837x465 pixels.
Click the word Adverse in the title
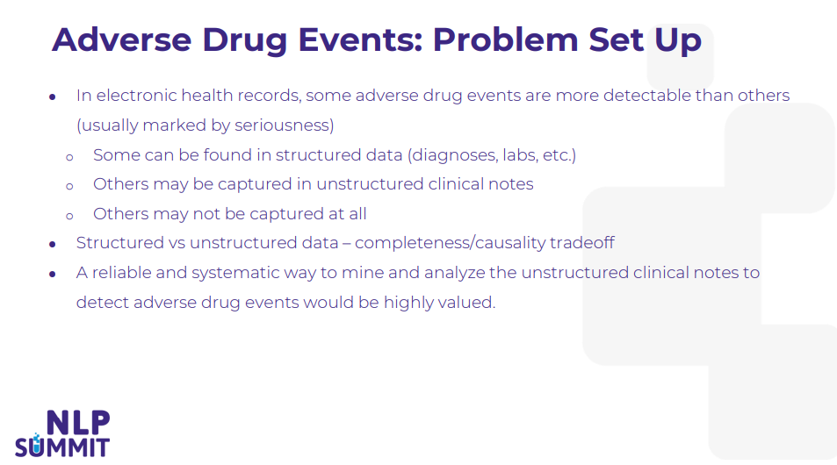pyautogui.click(x=122, y=39)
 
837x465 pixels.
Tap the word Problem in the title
pyautogui.click(x=505, y=39)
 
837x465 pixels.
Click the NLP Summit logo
pyautogui.click(x=62, y=433)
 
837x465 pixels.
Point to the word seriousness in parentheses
pyautogui.click(x=285, y=125)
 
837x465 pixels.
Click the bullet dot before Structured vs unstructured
pyautogui.click(x=53, y=244)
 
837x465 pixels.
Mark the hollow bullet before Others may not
pyautogui.click(x=69, y=216)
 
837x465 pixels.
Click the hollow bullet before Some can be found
pyautogui.click(x=69, y=157)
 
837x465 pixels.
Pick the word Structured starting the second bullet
pyautogui.click(x=120, y=243)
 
